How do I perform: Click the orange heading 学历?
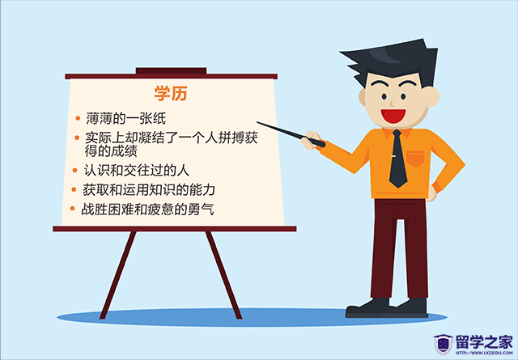pyautogui.click(x=171, y=93)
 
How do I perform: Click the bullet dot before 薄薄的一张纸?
pyautogui.click(x=78, y=118)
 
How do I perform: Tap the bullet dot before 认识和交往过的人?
pyautogui.click(x=75, y=171)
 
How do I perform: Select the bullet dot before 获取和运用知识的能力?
pyautogui.click(x=74, y=189)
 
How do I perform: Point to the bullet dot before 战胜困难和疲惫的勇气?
pyautogui.click(x=72, y=209)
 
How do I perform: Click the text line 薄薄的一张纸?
pyautogui.click(x=126, y=118)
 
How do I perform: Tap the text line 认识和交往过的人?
pyautogui.click(x=137, y=171)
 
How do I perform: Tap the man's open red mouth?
pyautogui.click(x=393, y=116)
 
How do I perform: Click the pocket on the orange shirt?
pyautogui.click(x=415, y=159)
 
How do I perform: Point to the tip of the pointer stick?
pyautogui.click(x=257, y=122)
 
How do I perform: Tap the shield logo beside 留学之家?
pyautogui.click(x=443, y=345)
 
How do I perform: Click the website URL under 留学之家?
pyautogui.click(x=484, y=353)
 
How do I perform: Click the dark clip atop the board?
pyautogui.click(x=171, y=70)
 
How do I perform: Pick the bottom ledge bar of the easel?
pyautogui.click(x=175, y=229)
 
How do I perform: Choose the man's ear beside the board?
pyautogui.click(x=363, y=97)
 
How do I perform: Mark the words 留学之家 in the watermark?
pyautogui.click(x=484, y=342)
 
